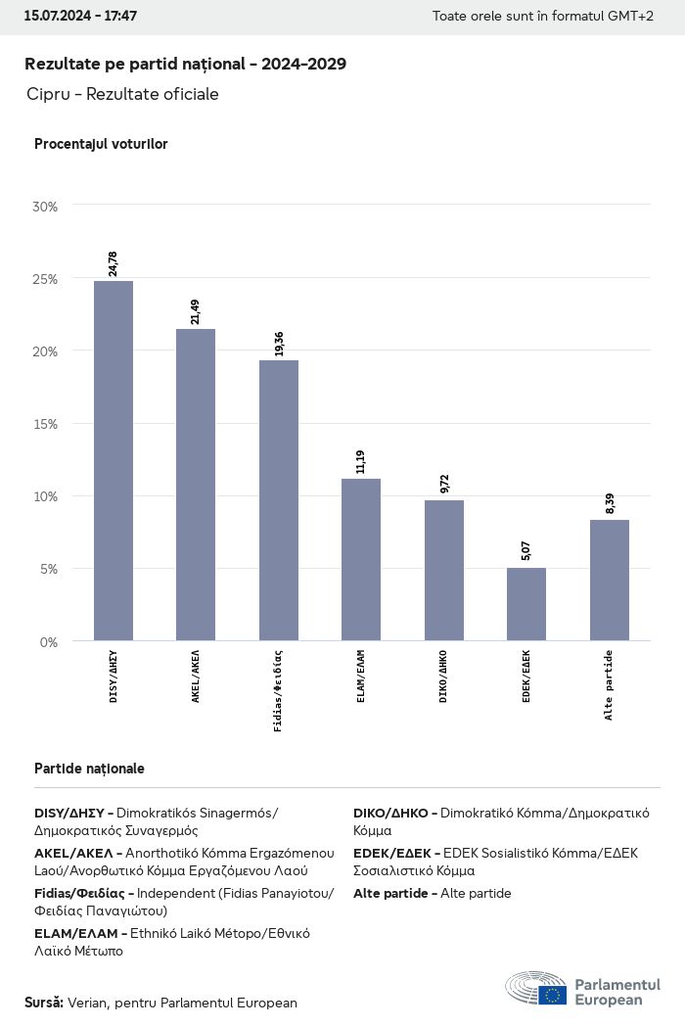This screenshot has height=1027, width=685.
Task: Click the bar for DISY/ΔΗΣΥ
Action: tap(114, 460)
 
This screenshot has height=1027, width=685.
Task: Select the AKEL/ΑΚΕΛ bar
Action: tap(196, 485)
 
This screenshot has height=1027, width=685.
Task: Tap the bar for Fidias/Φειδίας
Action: tap(279, 499)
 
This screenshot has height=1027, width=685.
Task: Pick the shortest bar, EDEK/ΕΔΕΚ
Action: tap(526, 604)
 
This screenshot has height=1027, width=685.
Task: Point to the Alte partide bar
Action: tap(610, 580)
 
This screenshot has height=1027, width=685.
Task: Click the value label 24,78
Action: tap(114, 264)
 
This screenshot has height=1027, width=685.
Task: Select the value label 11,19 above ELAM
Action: tap(361, 462)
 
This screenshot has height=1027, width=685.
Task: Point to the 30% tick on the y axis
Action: tap(45, 207)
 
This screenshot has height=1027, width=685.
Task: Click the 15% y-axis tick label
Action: tap(45, 424)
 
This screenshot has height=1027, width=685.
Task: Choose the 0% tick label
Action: tap(49, 641)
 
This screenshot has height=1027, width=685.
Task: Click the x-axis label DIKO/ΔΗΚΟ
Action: tap(444, 676)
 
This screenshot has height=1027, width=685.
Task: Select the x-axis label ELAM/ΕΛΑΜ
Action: tap(361, 676)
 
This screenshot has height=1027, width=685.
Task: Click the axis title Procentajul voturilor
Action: tap(101, 144)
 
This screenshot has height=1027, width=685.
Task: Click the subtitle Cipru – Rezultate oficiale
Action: tap(123, 94)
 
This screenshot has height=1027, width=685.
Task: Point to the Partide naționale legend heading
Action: tap(89, 769)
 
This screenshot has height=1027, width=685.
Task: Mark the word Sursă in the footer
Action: tap(44, 1003)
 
